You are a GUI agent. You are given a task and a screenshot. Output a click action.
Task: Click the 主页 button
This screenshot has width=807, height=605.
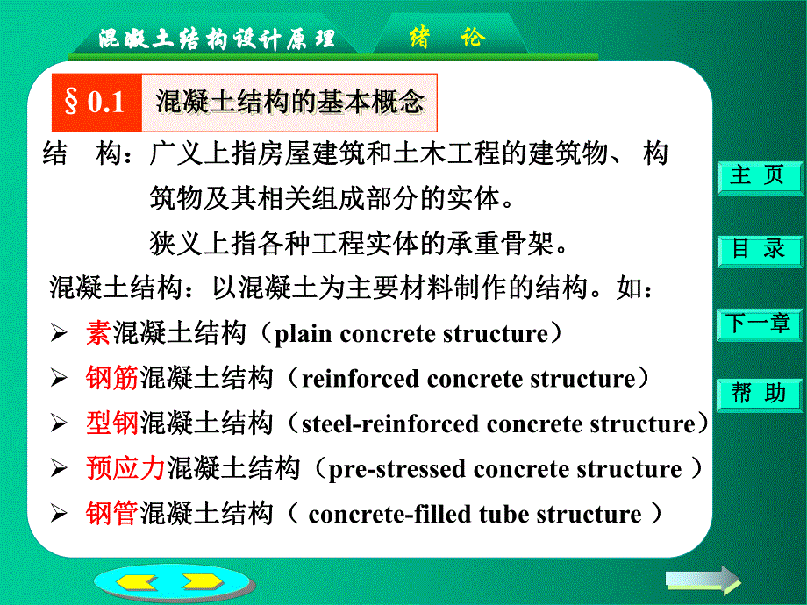pyautogui.click(x=760, y=176)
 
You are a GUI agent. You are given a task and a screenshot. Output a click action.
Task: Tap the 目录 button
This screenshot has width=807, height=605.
pyautogui.click(x=760, y=249)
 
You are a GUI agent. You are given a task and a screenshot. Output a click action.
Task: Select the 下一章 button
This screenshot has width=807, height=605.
pyautogui.click(x=760, y=323)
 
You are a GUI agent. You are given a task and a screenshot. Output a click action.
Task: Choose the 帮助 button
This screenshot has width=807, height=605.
pyautogui.click(x=760, y=394)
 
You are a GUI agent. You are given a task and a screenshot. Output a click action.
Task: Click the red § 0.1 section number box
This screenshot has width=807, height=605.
pyautogui.click(x=94, y=102)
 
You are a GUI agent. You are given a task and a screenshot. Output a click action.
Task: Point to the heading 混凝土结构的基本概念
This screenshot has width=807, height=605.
pyautogui.click(x=289, y=102)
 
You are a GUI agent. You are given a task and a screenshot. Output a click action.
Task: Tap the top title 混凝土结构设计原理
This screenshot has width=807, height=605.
pyautogui.click(x=216, y=39)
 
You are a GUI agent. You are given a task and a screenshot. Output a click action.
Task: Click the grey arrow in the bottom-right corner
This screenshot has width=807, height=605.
pyautogui.click(x=702, y=579)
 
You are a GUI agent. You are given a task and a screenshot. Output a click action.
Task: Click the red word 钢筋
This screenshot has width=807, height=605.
pyautogui.click(x=112, y=379)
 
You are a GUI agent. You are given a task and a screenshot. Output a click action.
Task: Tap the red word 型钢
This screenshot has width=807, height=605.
pyautogui.click(x=112, y=423)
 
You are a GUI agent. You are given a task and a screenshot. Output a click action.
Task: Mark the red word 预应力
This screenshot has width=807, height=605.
pyautogui.click(x=125, y=468)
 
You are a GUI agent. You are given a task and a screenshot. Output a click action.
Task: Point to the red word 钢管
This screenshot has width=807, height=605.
pyautogui.click(x=112, y=513)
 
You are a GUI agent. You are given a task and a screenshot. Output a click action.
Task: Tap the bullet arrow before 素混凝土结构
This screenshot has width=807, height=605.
pyautogui.click(x=59, y=334)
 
